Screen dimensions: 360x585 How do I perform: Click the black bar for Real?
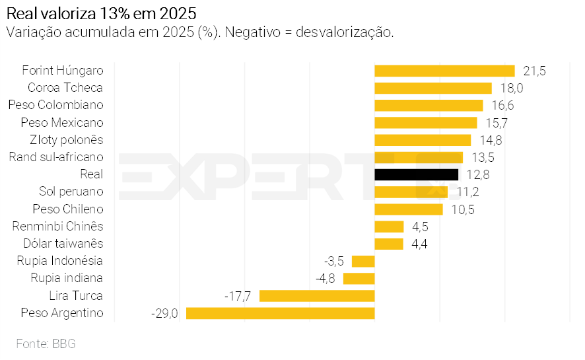tap(416, 174)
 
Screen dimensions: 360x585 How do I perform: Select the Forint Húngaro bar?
tap(444, 71)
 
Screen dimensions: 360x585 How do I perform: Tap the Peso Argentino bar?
tap(280, 313)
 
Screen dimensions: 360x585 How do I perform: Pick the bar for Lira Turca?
tap(317, 295)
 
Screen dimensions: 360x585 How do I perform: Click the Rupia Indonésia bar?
tap(363, 261)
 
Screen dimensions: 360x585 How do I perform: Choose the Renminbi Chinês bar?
tap(389, 227)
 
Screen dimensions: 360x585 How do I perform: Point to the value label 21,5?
tap(534, 71)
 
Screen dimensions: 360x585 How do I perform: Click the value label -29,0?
tap(165, 313)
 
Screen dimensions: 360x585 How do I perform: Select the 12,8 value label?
tap(477, 174)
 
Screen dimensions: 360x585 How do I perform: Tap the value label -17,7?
tap(238, 295)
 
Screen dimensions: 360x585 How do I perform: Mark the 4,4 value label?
tap(419, 244)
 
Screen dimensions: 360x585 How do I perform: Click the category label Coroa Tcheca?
tap(65, 88)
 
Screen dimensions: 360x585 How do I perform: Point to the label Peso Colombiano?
tap(56, 105)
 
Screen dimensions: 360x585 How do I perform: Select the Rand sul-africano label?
tap(56, 157)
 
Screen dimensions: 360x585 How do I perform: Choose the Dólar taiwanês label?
tap(63, 244)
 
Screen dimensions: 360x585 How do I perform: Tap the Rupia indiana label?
tap(67, 278)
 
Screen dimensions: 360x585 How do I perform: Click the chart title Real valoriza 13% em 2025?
tap(100, 13)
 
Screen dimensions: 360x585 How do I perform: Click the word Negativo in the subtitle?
tap(254, 32)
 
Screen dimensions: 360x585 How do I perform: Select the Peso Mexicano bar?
tap(425, 123)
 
